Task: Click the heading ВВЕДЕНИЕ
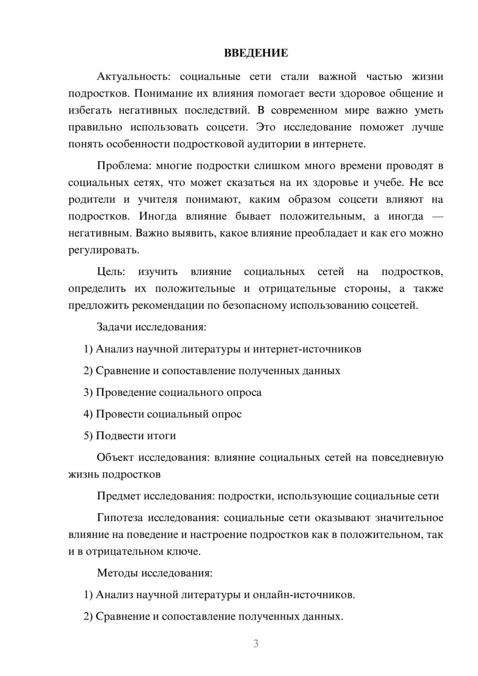pyautogui.click(x=256, y=53)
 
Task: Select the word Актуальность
pyautogui.click(x=131, y=76)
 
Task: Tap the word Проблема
pyautogui.click(x=123, y=166)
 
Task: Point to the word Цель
pyautogui.click(x=111, y=272)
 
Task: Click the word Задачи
pyautogui.click(x=114, y=327)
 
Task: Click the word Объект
pyautogui.click(x=115, y=458)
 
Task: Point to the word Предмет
pyautogui.click(x=119, y=496)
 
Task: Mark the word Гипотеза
pyautogui.click(x=120, y=518)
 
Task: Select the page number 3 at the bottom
pyautogui.click(x=256, y=643)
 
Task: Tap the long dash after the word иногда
pyautogui.click(x=437, y=217)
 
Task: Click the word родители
pyautogui.click(x=92, y=199)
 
